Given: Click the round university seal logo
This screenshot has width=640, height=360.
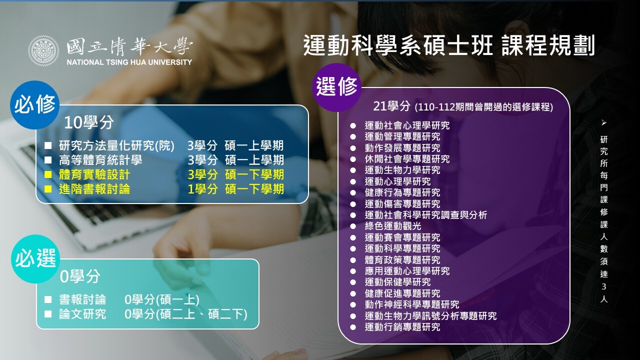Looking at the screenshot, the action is coord(43,51).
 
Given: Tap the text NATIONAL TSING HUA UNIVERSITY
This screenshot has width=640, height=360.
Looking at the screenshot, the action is coord(129,62).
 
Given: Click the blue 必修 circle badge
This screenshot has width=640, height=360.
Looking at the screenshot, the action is coord(34,105).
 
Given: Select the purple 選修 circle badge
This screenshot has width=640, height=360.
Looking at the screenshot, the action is coord(336,87).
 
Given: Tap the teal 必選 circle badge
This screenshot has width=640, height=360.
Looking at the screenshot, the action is coord(35,259).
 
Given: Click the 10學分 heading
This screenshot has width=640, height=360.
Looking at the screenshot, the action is coord(89,122).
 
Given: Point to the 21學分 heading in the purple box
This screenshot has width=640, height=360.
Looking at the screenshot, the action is coord(391,106).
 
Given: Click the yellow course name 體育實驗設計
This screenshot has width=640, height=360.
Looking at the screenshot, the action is coord(94,174).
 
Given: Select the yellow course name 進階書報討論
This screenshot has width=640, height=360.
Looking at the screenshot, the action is coord(94,189).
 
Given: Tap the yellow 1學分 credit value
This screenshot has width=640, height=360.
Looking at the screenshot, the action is coord(202,189).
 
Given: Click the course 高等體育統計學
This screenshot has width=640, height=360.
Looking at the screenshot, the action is coord(100,160).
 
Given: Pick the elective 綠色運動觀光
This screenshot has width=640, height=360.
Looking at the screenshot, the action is coord(393,226).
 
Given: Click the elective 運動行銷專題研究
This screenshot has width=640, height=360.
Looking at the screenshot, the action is coord(402,327).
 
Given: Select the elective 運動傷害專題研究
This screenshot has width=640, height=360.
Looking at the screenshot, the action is coord(402,203).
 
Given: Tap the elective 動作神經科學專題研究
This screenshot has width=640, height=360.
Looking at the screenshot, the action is coord(411,304).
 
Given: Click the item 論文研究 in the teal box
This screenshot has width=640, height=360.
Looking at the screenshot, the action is coord(82,314).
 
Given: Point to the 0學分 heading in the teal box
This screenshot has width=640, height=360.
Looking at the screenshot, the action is coord(80,276).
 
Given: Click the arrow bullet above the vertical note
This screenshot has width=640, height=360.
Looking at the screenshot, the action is coord(603,123).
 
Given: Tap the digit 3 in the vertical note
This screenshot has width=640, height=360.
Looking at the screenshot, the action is coord(603,286).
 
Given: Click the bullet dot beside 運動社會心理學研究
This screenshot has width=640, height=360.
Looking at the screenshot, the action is coord(353,125).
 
